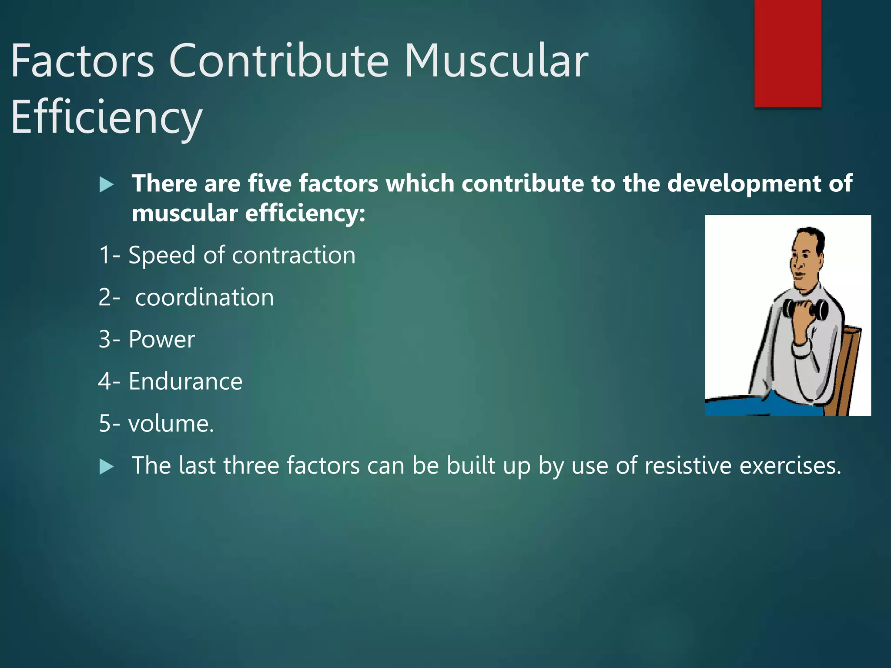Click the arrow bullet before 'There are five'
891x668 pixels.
pyautogui.click(x=106, y=185)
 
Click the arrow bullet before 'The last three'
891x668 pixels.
pyautogui.click(x=106, y=467)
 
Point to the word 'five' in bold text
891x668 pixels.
pyautogui.click(x=270, y=184)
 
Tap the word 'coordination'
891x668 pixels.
pyautogui.click(x=204, y=297)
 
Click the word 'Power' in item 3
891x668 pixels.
pyautogui.click(x=161, y=339)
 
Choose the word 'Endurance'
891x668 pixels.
pyautogui.click(x=185, y=381)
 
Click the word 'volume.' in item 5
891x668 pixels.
pyautogui.click(x=171, y=424)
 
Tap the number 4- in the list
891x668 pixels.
pyautogui.click(x=109, y=381)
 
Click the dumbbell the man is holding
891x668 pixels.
pyautogui.click(x=805, y=310)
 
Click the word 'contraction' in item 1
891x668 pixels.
pyautogui.click(x=294, y=255)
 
